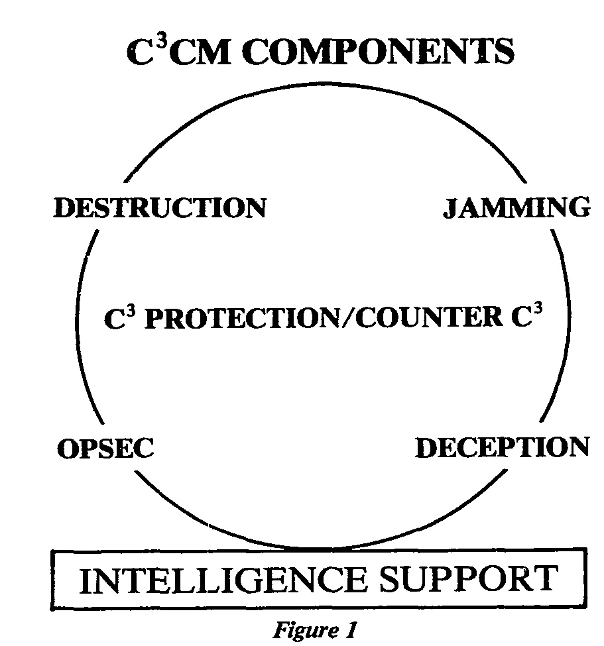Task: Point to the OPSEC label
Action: point(105,450)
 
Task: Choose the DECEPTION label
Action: point(502,448)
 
